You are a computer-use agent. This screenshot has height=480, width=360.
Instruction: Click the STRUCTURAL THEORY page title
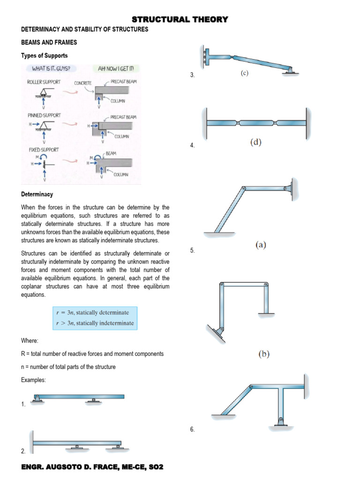(180, 19)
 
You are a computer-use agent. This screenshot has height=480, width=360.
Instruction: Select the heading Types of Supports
(45, 56)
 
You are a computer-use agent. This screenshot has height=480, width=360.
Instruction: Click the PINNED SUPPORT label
(44, 115)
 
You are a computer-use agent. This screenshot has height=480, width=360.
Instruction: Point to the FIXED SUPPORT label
(43, 150)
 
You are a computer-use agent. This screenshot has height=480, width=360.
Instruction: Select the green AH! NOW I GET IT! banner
(116, 69)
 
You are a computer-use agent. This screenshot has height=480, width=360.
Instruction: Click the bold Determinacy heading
(37, 194)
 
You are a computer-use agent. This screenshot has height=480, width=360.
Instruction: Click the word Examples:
(33, 380)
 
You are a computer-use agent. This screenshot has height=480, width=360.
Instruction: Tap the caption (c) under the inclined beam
(245, 73)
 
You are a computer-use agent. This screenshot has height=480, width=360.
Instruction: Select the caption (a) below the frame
(261, 244)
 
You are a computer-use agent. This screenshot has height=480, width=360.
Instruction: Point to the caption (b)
(264, 354)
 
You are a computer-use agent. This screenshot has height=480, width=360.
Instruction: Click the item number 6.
(193, 429)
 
